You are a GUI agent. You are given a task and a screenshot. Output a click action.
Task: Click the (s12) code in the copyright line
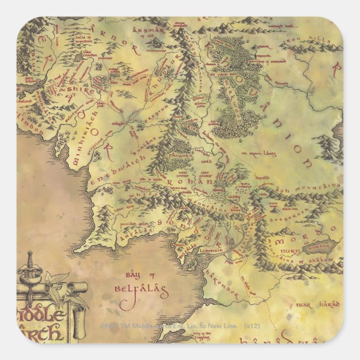point(252,325)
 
